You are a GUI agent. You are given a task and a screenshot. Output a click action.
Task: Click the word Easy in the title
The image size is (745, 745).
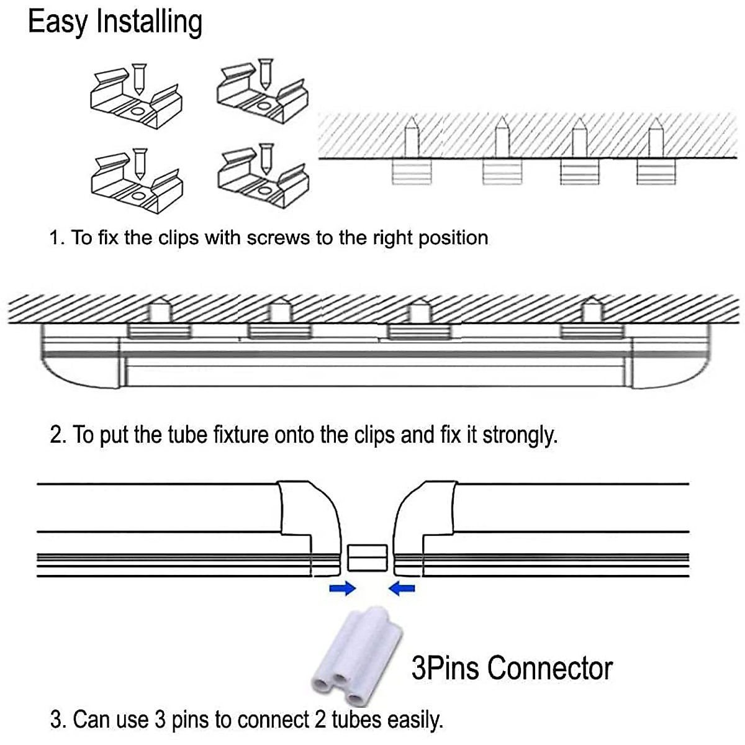point(58,22)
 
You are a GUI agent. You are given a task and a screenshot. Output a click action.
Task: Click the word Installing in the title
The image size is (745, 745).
point(149,22)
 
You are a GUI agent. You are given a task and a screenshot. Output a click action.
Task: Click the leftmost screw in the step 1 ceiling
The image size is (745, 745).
point(411,138)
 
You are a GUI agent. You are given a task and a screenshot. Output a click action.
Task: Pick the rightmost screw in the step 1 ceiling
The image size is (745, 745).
point(654,138)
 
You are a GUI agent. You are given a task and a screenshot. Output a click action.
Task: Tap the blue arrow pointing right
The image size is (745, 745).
point(342,588)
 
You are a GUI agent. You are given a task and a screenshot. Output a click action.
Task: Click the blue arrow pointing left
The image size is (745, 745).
point(402,588)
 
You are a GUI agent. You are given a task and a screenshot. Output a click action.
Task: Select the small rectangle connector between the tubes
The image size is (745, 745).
point(368,558)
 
